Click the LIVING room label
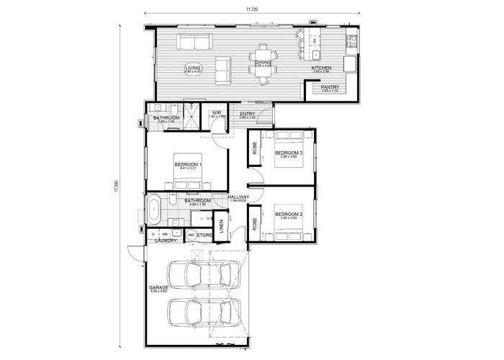[192, 68]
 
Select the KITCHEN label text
[320, 68]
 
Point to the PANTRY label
[330, 87]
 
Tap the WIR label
[217, 112]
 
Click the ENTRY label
[247, 113]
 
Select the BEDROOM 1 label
[187, 165]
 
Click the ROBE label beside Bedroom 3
[255, 147]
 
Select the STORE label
[204, 235]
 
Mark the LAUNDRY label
[166, 241]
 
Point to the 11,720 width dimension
[251, 9]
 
